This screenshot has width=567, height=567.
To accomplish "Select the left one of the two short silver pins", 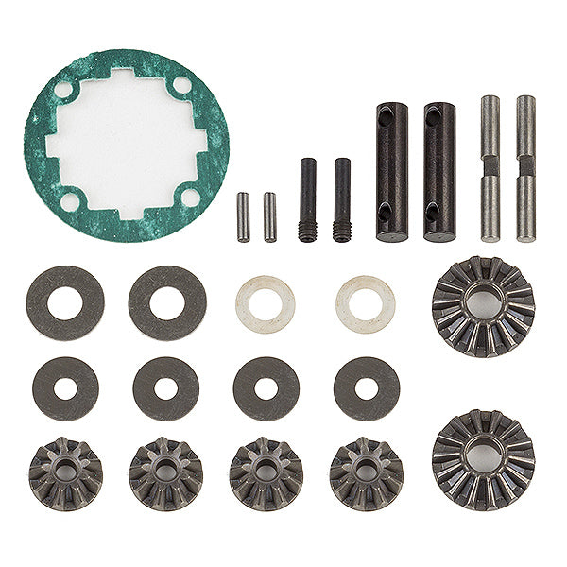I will tap(243, 216).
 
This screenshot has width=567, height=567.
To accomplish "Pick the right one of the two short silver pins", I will tap(269, 216).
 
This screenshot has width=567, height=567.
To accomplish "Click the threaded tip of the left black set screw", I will tap(308, 231).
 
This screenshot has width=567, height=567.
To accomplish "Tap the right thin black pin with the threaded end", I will tap(341, 198).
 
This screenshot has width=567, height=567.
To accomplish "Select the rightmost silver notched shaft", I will tap(525, 167).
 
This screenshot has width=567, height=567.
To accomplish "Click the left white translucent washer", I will tap(265, 304).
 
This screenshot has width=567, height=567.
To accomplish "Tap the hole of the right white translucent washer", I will tap(365, 304).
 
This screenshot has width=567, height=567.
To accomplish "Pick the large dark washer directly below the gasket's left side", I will tap(65, 302).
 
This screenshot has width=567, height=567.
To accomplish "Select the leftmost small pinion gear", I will tap(65, 472).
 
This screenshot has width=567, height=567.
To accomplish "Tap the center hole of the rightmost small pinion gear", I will tap(366, 471).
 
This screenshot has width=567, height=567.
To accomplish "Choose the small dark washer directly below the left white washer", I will tap(266, 387).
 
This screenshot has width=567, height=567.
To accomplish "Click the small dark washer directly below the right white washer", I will tap(366, 387).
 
